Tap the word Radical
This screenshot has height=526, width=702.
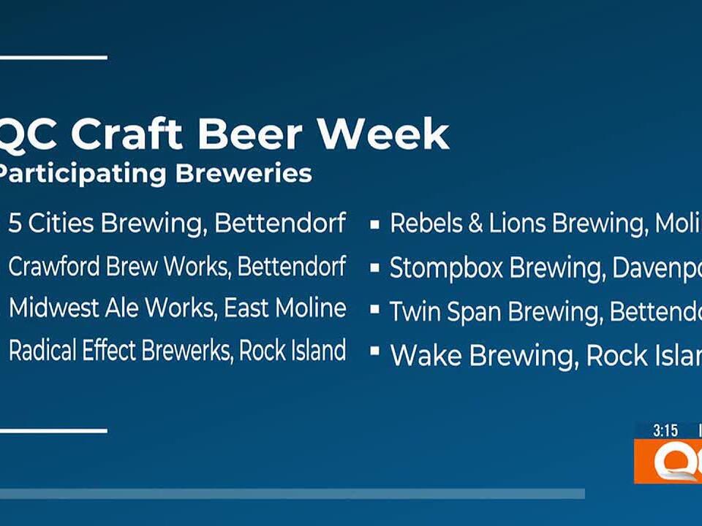[x=42, y=351]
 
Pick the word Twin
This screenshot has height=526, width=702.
[x=413, y=312]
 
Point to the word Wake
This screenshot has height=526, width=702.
[x=426, y=356]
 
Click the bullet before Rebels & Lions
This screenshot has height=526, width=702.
[x=374, y=225]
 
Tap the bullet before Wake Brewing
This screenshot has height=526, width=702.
[x=374, y=352]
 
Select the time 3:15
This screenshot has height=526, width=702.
[x=665, y=431]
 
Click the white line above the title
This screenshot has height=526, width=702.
[x=53, y=57]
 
